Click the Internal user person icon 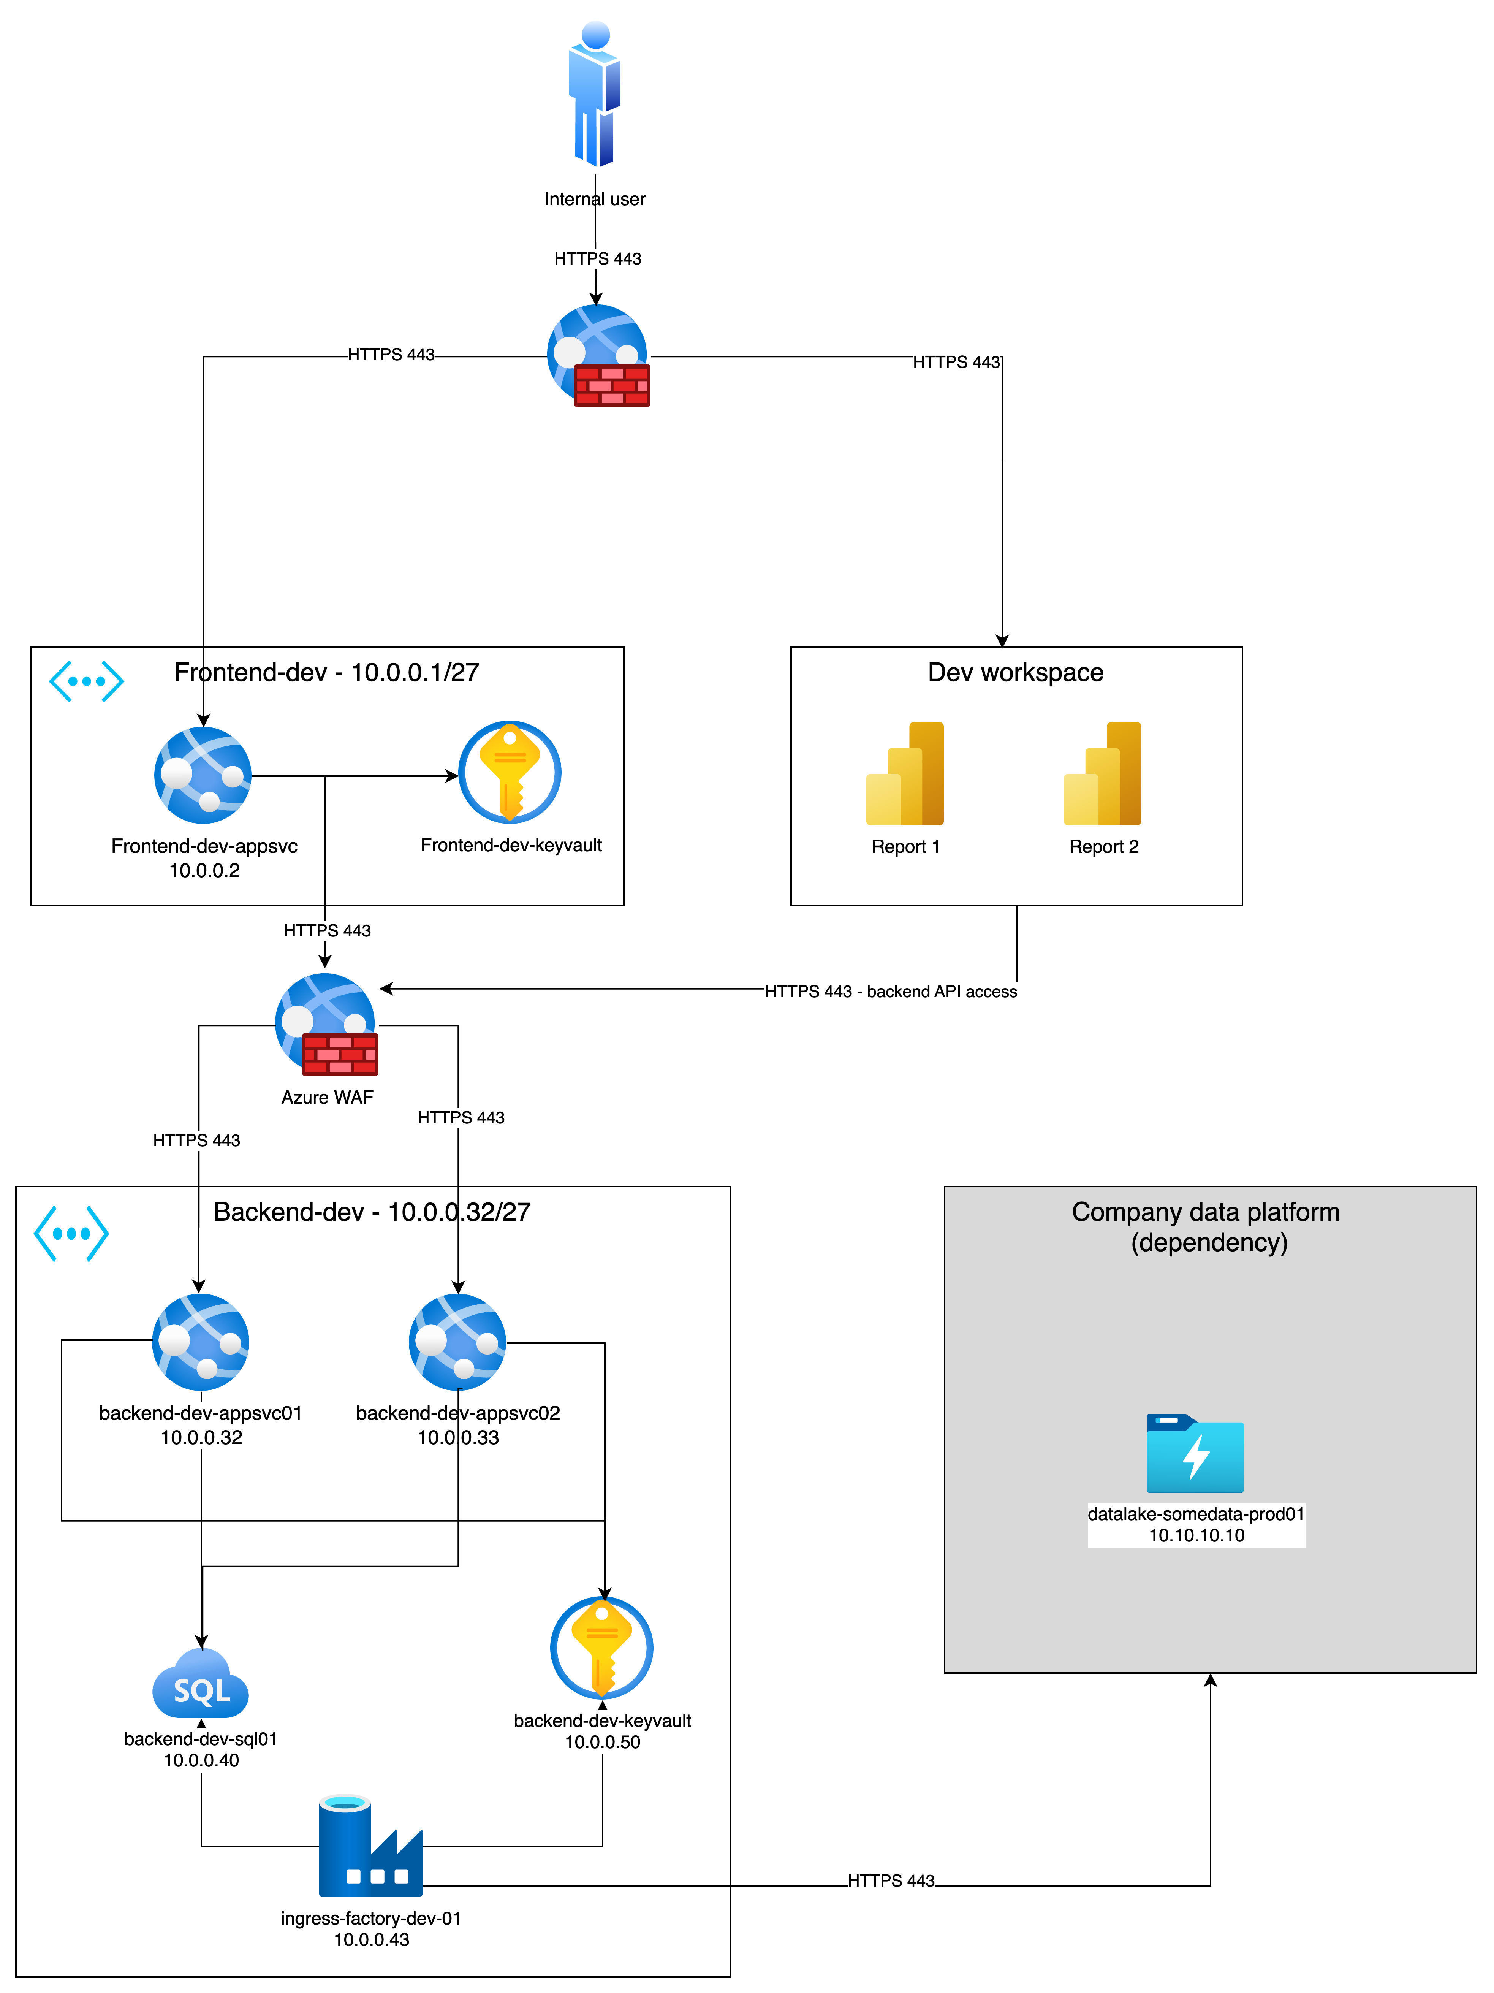point(594,95)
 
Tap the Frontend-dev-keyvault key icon point(510,772)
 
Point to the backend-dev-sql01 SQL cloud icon point(201,1685)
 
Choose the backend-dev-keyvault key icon point(601,1647)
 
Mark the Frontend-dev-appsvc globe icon point(204,775)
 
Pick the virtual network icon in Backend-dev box point(71,1233)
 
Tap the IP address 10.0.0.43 point(371,1940)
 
